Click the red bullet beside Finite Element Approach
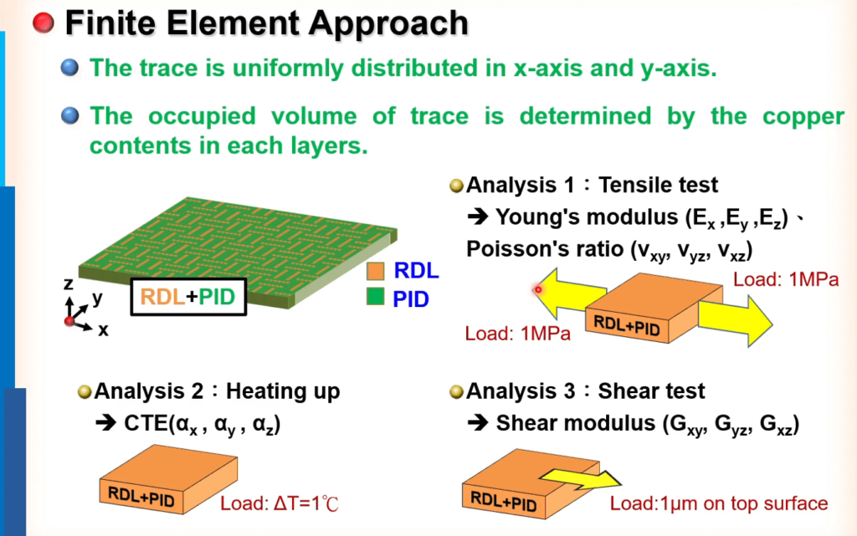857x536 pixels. pyautogui.click(x=44, y=23)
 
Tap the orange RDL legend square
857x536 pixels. pyautogui.click(x=376, y=271)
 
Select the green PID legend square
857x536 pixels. pyautogui.click(x=376, y=296)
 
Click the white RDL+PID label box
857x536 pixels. pyautogui.click(x=188, y=297)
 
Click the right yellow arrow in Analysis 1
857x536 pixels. pyautogui.click(x=735, y=321)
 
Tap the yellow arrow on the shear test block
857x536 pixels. pyautogui.click(x=581, y=478)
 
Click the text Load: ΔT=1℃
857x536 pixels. pyautogui.click(x=280, y=503)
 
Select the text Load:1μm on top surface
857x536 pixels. pyautogui.click(x=719, y=503)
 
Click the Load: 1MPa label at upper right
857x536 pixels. pyautogui.click(x=785, y=279)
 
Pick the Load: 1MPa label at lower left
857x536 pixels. pyautogui.click(x=517, y=333)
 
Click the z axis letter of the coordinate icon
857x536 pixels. pyautogui.click(x=69, y=283)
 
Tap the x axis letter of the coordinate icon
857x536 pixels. pyautogui.click(x=103, y=330)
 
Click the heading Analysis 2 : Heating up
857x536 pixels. pyautogui.click(x=217, y=391)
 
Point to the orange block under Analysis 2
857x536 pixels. pyautogui.click(x=168, y=478)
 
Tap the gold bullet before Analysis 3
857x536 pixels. pyautogui.click(x=456, y=392)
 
